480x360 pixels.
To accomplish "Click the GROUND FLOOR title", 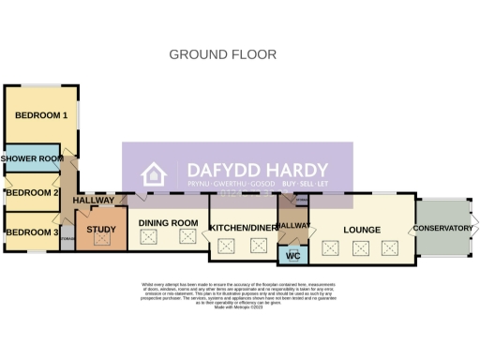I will coord(222,54).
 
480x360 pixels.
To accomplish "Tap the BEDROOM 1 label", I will coord(40,115).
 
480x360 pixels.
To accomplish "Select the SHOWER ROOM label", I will coord(32,159).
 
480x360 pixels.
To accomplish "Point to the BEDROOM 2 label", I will coord(32,193).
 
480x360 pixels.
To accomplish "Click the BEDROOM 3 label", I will coord(32,232).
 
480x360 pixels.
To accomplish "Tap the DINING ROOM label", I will coord(169,222).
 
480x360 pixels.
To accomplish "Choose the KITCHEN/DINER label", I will coord(242,228).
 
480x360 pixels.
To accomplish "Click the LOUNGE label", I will coord(362,229).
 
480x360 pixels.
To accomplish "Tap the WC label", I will coord(292,256).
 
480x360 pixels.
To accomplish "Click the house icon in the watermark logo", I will coord(153,175).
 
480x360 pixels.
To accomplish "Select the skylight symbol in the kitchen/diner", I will coord(226,247).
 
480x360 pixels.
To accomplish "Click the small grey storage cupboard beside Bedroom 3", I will coord(67,241).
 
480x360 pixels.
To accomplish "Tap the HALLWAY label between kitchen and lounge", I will coord(293,226).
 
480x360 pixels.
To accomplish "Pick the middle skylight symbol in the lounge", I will coord(360,248).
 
